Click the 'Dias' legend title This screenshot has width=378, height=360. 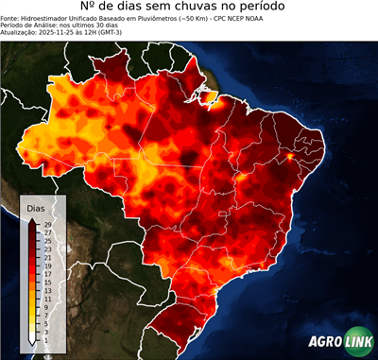tap(36, 207)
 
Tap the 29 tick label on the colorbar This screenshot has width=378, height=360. tap(47, 224)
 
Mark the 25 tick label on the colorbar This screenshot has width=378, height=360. tap(47, 241)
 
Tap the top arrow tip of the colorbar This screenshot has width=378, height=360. tap(33, 219)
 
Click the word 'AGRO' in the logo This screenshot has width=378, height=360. tap(325, 343)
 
